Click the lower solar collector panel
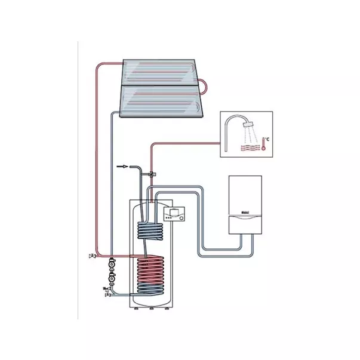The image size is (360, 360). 162,101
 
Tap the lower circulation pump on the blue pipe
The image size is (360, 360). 111,277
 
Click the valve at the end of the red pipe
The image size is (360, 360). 91,256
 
